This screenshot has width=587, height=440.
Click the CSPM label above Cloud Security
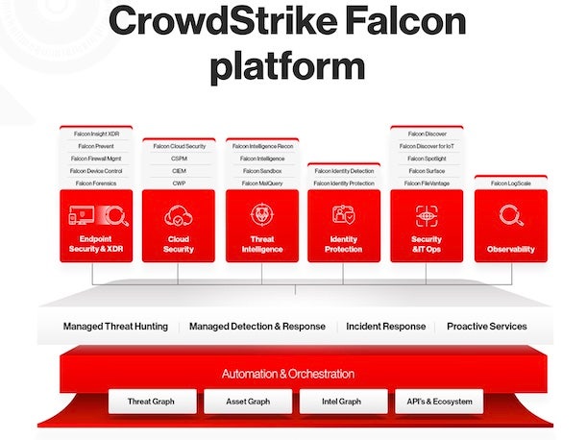[179, 158]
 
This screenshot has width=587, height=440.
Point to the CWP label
[179, 182]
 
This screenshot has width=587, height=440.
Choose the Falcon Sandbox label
[262, 170]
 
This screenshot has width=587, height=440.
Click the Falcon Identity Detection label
[343, 170]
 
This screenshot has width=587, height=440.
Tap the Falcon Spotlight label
[426, 158]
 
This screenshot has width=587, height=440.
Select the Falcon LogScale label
[510, 182]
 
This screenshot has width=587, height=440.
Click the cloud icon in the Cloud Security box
[179, 215]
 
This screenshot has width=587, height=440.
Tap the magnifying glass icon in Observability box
[510, 216]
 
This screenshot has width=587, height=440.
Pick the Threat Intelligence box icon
[262, 215]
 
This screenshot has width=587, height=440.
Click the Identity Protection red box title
[343, 244]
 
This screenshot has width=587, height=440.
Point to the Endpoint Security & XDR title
[96, 244]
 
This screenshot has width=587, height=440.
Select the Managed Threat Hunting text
[115, 327]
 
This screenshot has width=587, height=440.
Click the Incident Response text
[386, 327]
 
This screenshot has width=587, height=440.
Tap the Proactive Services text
[486, 327]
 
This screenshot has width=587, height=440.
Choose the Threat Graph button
[153, 401]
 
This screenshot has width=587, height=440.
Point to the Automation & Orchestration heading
[288, 374]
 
